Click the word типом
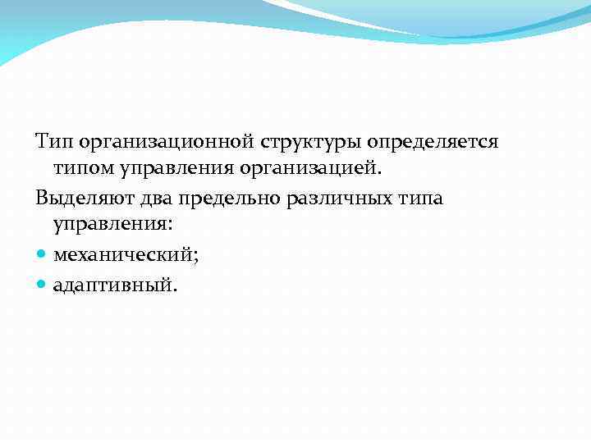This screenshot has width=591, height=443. pyautogui.click(x=85, y=170)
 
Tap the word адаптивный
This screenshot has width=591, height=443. pyautogui.click(x=112, y=285)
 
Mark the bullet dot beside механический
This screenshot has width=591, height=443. pyautogui.click(x=42, y=256)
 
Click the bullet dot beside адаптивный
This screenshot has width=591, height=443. pyautogui.click(x=42, y=284)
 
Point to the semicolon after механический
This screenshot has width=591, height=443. pyautogui.click(x=195, y=258)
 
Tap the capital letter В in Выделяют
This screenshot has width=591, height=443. pyautogui.click(x=41, y=199)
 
